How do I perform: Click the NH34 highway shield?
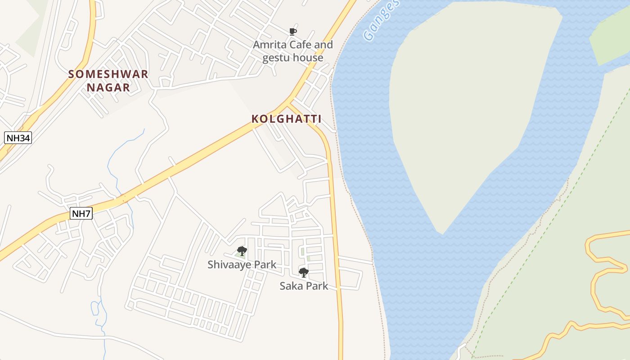(x=18, y=138)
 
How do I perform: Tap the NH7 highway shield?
(x=81, y=214)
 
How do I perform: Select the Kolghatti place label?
(x=286, y=119)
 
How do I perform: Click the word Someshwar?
(x=108, y=74)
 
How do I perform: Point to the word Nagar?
(x=108, y=87)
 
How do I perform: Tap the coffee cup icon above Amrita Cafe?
(x=293, y=31)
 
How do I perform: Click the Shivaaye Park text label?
(x=242, y=265)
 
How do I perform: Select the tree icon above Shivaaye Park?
(x=242, y=251)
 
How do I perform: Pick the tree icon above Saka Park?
(x=304, y=272)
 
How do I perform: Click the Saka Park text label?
(x=304, y=286)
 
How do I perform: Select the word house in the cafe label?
(x=308, y=58)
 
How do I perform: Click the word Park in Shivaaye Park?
(x=265, y=265)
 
